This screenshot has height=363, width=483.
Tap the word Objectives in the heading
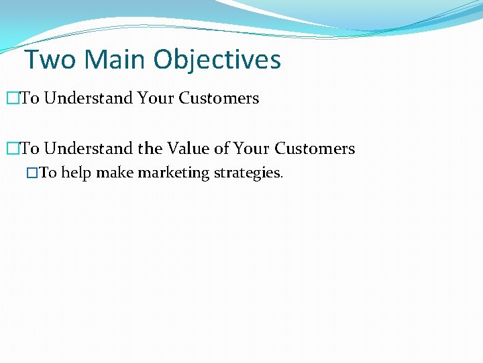pos(217,60)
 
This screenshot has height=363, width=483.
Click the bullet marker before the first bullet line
pos(11,98)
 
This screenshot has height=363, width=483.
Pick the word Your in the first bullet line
pos(156,98)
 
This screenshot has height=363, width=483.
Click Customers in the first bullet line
pos(219,98)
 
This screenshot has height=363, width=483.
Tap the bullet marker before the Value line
pos(11,149)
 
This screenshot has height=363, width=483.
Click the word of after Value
pos(222,149)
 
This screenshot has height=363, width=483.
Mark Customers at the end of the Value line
pos(315,149)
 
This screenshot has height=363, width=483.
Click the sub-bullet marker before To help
pos(32,173)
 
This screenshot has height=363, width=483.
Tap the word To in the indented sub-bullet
pos(48,173)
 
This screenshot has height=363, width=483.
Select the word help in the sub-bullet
pos(76,173)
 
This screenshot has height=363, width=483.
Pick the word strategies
pos(248,173)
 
